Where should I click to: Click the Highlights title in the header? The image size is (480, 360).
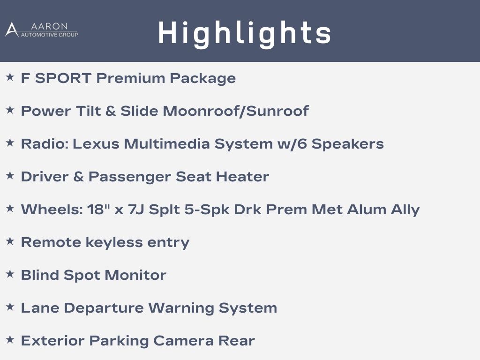[245, 33]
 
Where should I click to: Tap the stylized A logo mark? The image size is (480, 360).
[12, 30]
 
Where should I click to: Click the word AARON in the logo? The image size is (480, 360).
[49, 26]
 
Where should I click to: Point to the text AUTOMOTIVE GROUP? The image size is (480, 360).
[49, 35]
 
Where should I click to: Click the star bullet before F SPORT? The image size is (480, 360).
[10, 77]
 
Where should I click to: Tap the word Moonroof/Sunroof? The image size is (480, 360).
[236, 111]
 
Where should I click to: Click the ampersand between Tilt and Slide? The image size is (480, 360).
[111, 111]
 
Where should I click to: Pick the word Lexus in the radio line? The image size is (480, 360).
[96, 144]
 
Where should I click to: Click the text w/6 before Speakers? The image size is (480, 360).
[292, 144]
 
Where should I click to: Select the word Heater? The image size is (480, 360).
[242, 177]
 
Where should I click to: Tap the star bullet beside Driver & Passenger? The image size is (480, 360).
[10, 175]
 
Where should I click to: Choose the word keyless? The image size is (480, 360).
[114, 243]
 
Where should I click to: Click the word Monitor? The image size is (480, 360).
[135, 275]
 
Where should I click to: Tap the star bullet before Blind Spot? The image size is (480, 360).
[10, 274]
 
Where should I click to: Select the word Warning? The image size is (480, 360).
[181, 308]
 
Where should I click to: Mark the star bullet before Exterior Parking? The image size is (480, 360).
[10, 339]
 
